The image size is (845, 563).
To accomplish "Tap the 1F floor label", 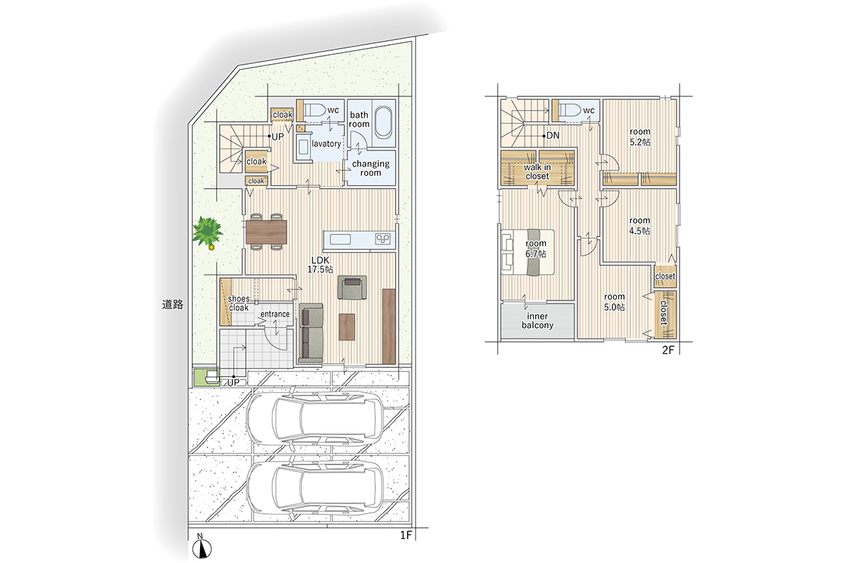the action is pos(405,535).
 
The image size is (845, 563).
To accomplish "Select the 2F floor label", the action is pos(668,350).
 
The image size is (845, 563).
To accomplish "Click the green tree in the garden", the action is pos(207,232).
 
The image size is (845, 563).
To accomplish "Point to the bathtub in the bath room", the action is pos(384,122).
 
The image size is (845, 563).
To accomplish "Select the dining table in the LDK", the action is pos(266,232).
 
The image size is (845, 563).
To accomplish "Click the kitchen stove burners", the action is pos(382,239).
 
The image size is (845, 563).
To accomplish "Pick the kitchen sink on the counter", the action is pos(340,239).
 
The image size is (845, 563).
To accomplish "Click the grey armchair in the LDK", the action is pos(352,287).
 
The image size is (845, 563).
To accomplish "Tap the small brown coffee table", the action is pos(346,327).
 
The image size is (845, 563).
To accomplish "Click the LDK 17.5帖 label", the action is pos(320,265).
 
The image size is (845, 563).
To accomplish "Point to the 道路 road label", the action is pos(173,304).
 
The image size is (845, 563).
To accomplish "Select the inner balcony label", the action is pos(537,320).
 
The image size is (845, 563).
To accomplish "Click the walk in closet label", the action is pos(537,172).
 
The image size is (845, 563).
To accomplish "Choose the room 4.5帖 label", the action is pos(640,225).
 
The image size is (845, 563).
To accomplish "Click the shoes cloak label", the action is pos(239,303).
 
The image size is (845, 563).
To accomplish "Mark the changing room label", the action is pos(370,168).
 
